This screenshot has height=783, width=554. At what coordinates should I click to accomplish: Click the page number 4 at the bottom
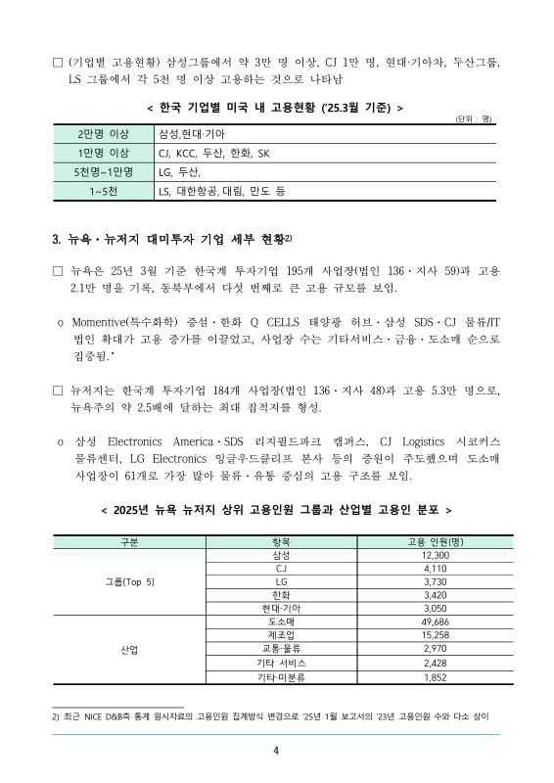[x=277, y=751]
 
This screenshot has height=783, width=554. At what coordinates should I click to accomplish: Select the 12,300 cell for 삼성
[x=435, y=555]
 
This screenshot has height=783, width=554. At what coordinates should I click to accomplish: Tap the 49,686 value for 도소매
[x=435, y=622]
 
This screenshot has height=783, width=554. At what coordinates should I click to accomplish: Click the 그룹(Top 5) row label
[x=129, y=581]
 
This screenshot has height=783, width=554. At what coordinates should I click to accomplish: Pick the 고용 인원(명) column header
[x=435, y=541]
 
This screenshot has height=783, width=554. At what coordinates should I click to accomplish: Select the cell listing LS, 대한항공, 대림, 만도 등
[x=221, y=192]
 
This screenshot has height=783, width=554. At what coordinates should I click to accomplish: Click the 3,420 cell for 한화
[x=435, y=594]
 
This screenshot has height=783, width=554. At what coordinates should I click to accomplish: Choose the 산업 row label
[x=129, y=649]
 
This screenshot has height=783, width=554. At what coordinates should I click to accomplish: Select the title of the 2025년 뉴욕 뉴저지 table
[x=277, y=510]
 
